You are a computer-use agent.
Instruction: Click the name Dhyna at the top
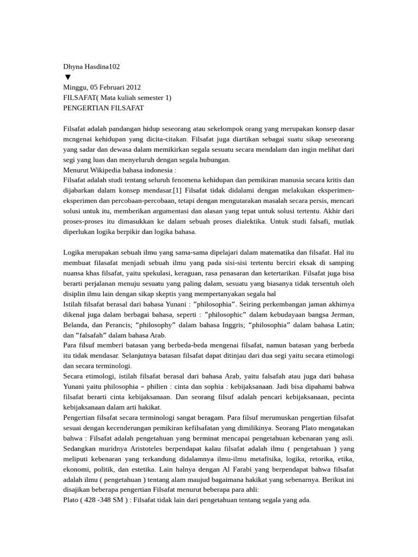73,66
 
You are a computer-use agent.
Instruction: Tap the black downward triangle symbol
67,77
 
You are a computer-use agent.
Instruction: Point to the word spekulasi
149,273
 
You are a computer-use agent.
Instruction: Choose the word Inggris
228,325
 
